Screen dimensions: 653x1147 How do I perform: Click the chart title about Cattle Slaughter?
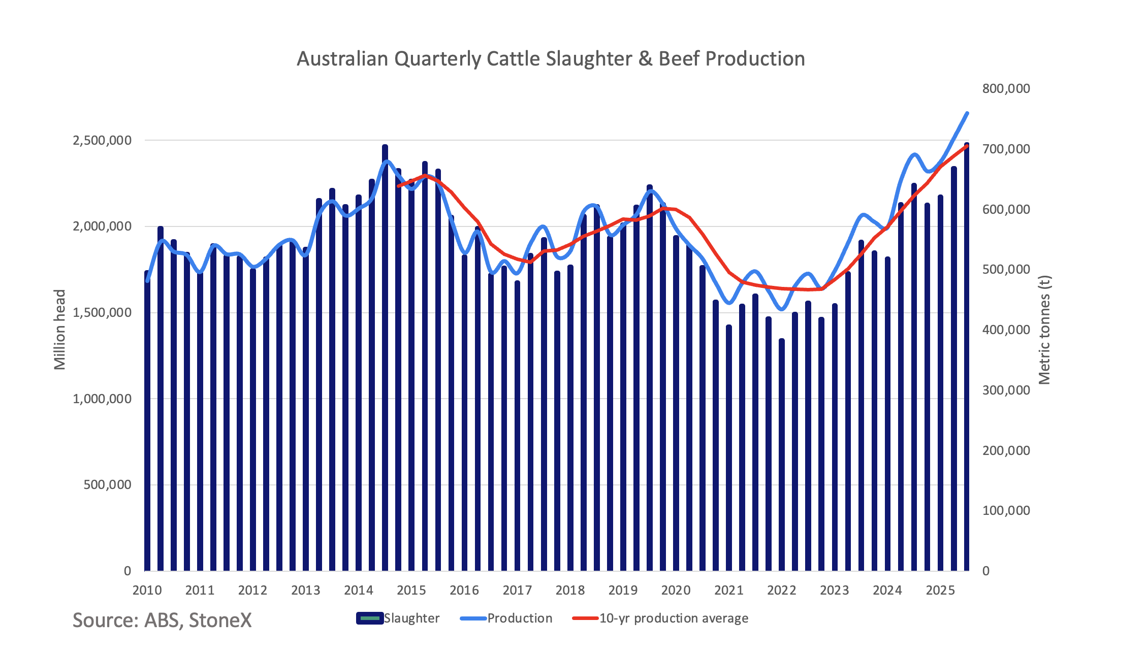(x=551, y=59)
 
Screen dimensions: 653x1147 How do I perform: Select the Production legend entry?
(x=506, y=618)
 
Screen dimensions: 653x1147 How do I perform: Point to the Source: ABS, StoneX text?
(x=162, y=621)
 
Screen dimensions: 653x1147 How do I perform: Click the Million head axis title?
(x=60, y=330)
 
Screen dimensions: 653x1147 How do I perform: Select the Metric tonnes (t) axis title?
(x=1044, y=330)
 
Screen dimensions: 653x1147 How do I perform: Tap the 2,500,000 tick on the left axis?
(x=102, y=140)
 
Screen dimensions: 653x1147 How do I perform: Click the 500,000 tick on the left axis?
(x=107, y=484)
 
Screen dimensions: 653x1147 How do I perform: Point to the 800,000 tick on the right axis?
(x=1006, y=88)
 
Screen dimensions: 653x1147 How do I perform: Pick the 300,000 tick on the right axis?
(x=1006, y=390)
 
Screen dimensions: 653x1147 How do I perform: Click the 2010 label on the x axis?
(x=147, y=590)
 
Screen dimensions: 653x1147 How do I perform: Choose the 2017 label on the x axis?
(x=517, y=590)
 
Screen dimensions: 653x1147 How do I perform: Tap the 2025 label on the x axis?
(x=940, y=590)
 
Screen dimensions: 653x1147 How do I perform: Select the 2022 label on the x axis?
(x=782, y=590)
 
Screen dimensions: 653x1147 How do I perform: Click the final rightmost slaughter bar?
(x=967, y=355)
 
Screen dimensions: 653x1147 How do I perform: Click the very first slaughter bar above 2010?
(x=147, y=421)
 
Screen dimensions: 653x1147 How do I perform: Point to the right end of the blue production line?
(x=967, y=113)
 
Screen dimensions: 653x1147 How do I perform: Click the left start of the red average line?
(x=398, y=186)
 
